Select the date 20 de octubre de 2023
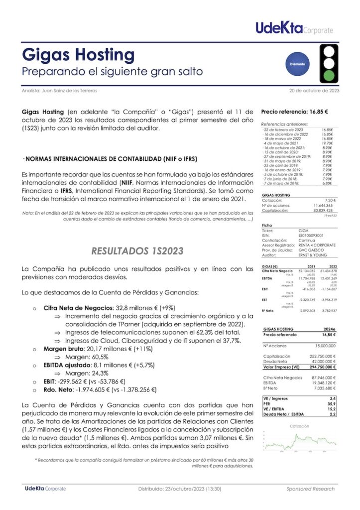[x=314, y=91]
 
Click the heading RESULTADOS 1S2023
[x=138, y=250]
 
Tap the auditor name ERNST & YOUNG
[x=312, y=255]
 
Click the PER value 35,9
[x=333, y=404]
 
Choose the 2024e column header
[x=330, y=330]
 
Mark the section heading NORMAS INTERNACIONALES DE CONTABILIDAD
[x=111, y=159]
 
